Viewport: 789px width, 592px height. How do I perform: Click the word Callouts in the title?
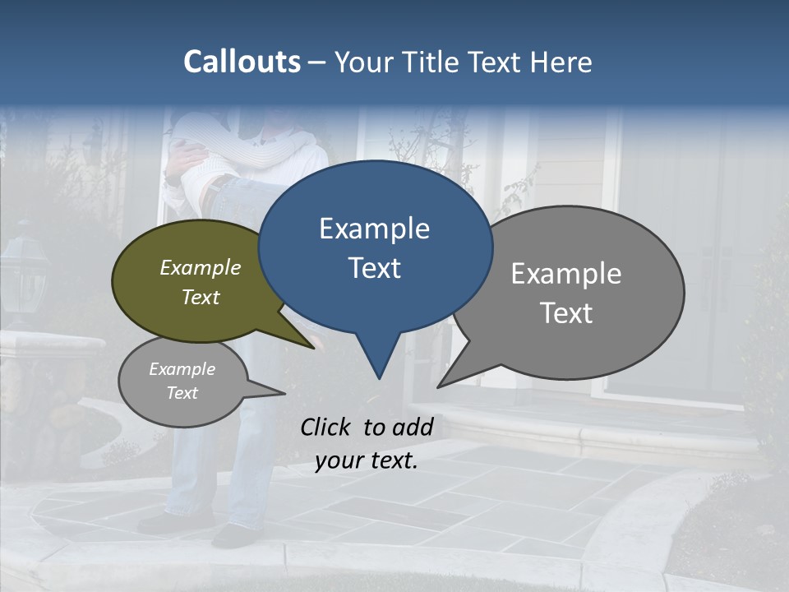[242, 62]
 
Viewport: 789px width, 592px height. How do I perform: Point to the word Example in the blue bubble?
[374, 229]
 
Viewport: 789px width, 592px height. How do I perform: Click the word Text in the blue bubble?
[374, 268]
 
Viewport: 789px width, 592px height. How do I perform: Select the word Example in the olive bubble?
[201, 267]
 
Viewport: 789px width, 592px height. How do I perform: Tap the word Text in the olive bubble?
[201, 297]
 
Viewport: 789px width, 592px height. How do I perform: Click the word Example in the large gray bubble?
[566, 274]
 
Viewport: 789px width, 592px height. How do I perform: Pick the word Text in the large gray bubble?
[566, 313]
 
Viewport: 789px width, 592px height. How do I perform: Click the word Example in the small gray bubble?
[182, 369]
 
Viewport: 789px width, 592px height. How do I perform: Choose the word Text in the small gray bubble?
[182, 393]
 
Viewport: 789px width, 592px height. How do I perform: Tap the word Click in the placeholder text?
[327, 427]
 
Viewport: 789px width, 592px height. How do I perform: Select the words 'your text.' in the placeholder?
[367, 461]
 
